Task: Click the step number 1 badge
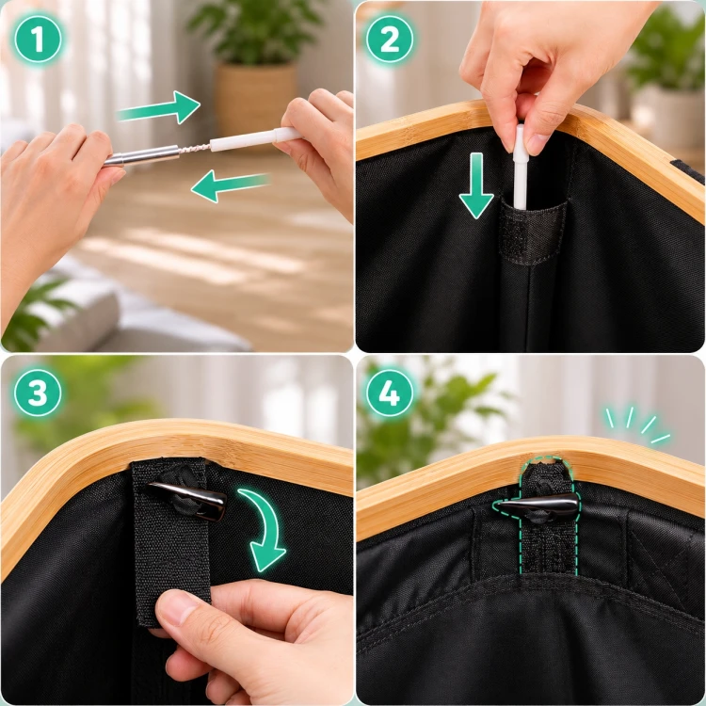point(38,40)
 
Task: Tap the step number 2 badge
point(390,40)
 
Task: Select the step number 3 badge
point(38,393)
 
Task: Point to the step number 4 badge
point(390,393)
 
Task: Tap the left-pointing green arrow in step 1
point(231,185)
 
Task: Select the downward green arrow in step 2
point(476,185)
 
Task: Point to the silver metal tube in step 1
point(142,155)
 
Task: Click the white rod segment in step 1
point(255,138)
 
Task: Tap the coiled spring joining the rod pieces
point(195,149)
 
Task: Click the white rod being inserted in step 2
point(520,168)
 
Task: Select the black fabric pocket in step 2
point(533,231)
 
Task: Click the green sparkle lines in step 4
point(637,425)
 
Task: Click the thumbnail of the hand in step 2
point(537,144)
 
